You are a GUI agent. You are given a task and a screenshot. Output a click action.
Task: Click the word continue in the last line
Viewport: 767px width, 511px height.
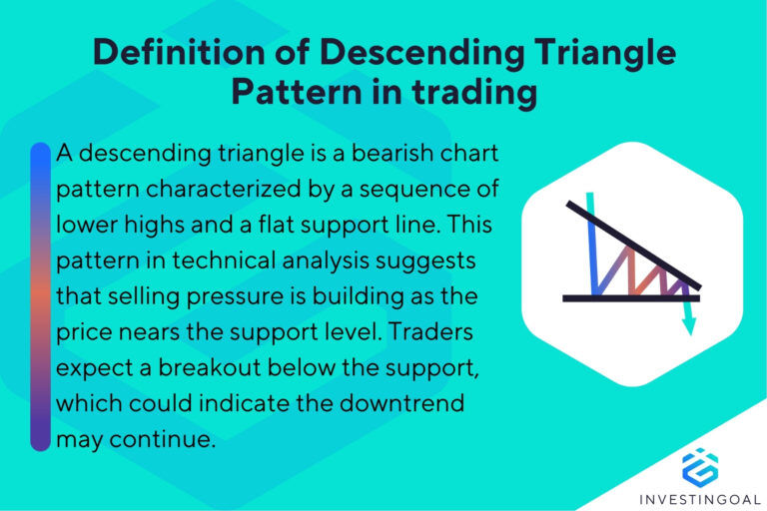click(173, 439)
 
